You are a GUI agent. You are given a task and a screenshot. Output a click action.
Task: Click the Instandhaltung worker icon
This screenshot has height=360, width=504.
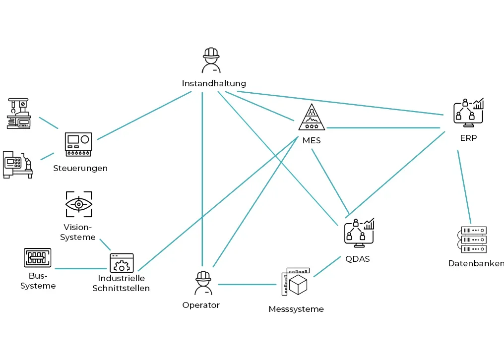[x=211, y=60]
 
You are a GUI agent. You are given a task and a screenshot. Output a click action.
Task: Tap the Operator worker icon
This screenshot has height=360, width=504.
[x=203, y=283]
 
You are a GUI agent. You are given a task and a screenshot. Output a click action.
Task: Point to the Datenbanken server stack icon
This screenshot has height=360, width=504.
[x=473, y=240]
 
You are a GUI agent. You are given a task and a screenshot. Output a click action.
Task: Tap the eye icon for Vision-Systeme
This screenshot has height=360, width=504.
[x=79, y=204]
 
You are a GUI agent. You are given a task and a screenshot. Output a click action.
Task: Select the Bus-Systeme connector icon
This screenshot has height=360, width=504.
[x=38, y=258]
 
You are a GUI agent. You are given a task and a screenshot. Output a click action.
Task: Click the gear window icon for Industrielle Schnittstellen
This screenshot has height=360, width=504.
[x=122, y=263]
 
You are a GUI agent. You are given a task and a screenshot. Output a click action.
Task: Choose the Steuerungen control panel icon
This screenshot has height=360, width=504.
[x=79, y=144]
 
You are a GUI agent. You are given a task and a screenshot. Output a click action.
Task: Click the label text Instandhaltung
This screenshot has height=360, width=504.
[x=214, y=83]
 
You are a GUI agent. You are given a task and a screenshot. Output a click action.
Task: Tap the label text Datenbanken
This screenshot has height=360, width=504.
[x=475, y=263]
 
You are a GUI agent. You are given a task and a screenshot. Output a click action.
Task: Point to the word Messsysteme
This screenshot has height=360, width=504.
[x=296, y=309]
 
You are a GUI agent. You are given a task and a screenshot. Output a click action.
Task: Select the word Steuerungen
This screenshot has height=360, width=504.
[x=80, y=168]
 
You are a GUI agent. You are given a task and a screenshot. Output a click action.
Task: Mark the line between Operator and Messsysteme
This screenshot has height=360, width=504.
[x=247, y=285]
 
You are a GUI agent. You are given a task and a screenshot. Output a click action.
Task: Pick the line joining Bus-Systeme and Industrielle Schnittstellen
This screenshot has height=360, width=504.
[x=79, y=269]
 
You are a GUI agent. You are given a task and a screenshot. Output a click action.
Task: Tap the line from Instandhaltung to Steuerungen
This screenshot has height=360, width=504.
[x=144, y=115]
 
